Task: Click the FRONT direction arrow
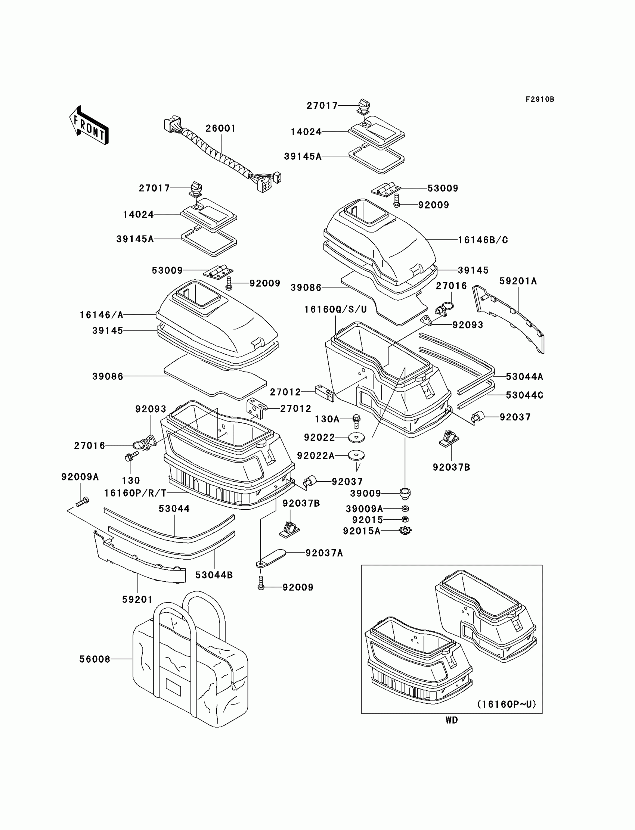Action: click(89, 125)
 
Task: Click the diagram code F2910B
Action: click(540, 99)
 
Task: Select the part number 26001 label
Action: click(221, 128)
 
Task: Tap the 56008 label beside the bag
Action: click(95, 659)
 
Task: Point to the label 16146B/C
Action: click(483, 240)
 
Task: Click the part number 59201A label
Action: click(518, 281)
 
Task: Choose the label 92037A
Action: click(324, 553)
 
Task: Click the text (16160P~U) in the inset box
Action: click(507, 704)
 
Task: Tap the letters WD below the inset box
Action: click(452, 720)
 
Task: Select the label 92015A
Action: click(362, 531)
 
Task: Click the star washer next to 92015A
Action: click(406, 531)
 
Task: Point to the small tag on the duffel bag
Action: click(174, 685)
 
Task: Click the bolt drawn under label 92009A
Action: click(83, 502)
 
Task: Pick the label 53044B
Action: click(214, 575)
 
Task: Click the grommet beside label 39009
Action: click(405, 493)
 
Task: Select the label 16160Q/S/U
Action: click(336, 310)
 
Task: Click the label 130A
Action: click(327, 419)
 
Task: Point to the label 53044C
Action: click(525, 395)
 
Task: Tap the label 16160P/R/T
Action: click(135, 493)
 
